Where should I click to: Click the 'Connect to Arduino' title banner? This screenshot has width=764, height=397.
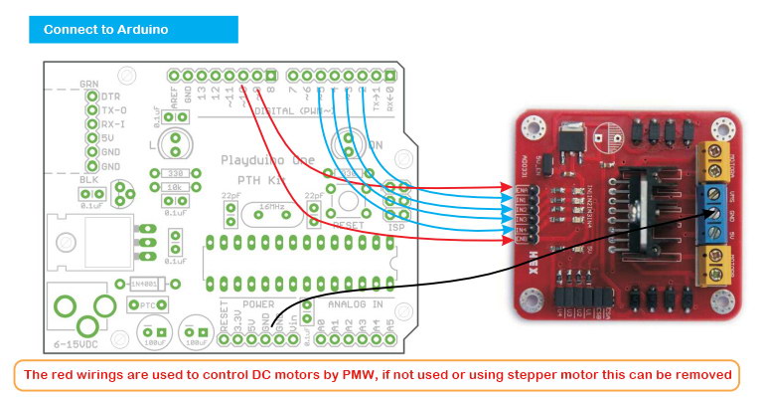click(134, 29)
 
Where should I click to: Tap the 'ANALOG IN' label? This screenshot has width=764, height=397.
click(354, 304)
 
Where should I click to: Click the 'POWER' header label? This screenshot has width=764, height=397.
click(258, 304)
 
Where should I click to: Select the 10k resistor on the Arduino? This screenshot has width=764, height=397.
click(175, 187)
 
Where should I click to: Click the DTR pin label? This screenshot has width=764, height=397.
click(112, 97)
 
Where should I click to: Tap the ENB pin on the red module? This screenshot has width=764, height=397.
click(514, 238)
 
